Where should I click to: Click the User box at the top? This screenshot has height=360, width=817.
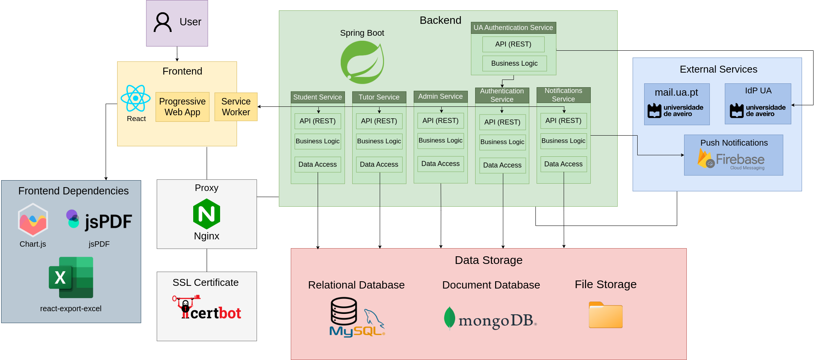click(x=177, y=23)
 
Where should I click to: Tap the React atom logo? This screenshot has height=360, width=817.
click(x=135, y=98)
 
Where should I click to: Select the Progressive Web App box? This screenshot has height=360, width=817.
click(x=182, y=107)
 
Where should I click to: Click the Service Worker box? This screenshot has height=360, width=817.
click(x=236, y=107)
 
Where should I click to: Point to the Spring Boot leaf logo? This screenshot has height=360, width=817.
click(x=362, y=62)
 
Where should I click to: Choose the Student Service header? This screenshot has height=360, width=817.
click(x=318, y=97)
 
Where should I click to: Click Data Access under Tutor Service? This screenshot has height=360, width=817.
click(x=379, y=164)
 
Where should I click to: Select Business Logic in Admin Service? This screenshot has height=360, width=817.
click(x=441, y=141)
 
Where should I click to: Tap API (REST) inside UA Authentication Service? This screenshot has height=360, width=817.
click(x=513, y=44)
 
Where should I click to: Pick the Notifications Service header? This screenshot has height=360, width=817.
click(x=563, y=95)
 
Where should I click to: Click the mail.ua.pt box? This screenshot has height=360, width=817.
click(x=677, y=104)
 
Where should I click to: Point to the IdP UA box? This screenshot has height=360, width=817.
click(x=758, y=104)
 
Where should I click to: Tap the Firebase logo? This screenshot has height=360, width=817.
click(x=731, y=159)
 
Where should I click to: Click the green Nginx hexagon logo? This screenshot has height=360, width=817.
click(x=207, y=214)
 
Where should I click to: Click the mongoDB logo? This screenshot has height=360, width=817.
click(x=490, y=319)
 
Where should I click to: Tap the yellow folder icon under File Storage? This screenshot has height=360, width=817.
click(x=606, y=315)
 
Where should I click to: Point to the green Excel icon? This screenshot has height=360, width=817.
click(x=71, y=277)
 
